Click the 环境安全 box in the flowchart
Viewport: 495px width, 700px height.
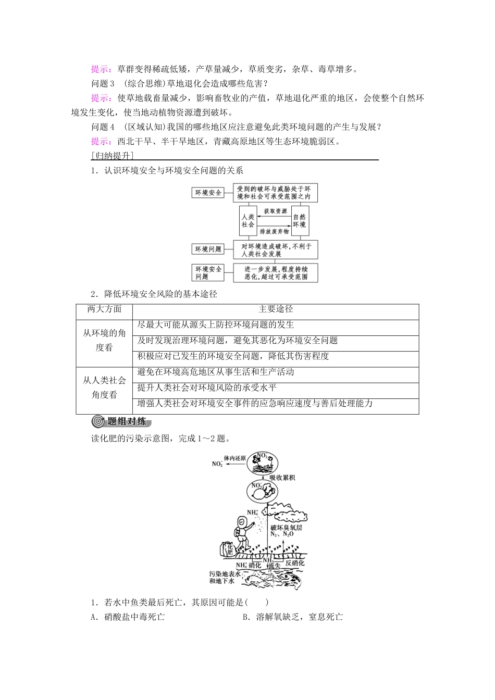point(208,193)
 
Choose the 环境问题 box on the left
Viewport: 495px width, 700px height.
point(208,249)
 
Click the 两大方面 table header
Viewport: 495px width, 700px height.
point(104,309)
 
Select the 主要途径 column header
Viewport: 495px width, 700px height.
point(276,309)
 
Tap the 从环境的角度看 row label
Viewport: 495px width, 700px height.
point(104,340)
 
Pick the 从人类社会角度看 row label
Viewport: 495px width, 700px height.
point(104,387)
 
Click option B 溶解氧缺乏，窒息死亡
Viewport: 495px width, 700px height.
point(292,617)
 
